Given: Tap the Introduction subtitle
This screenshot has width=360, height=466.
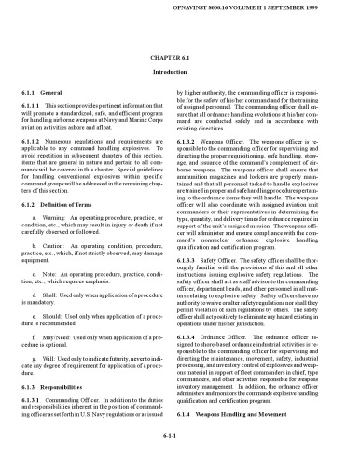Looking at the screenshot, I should [179, 72].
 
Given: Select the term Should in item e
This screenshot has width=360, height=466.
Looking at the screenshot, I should [68, 341].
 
